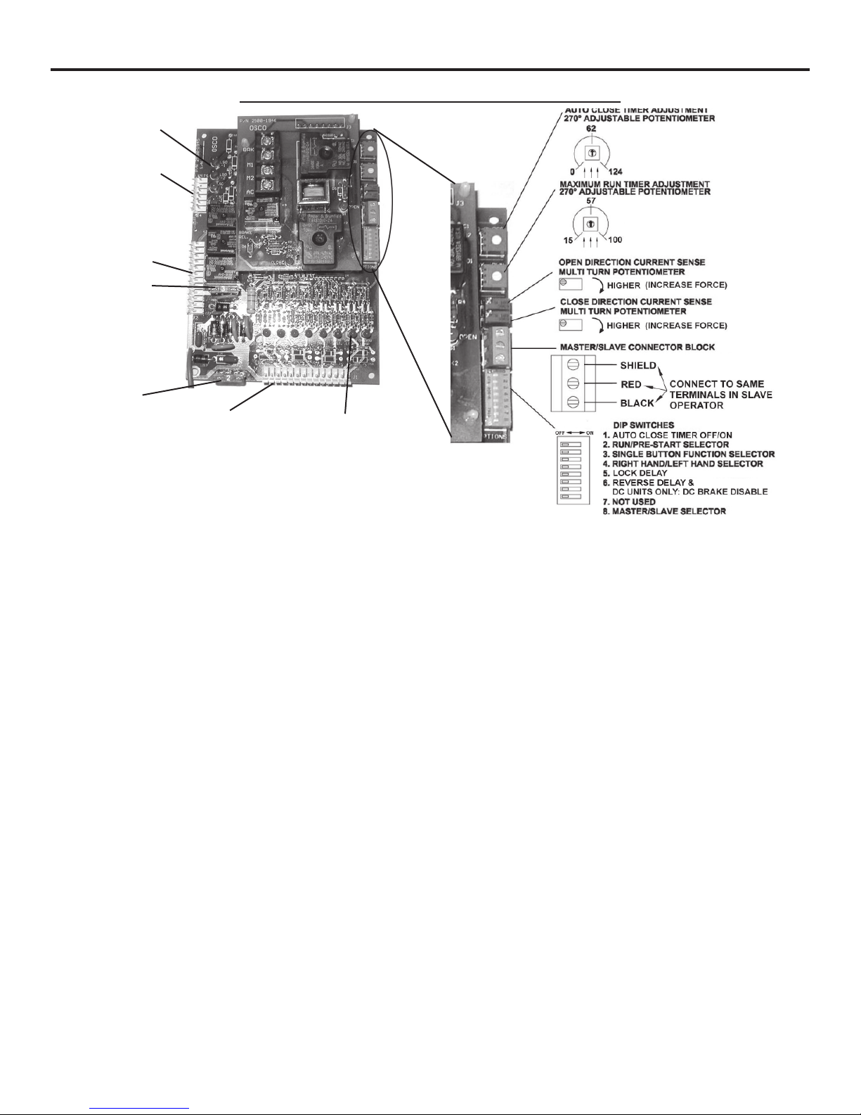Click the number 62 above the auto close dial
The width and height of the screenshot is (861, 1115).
click(590, 129)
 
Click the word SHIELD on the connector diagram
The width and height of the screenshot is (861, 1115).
click(637, 366)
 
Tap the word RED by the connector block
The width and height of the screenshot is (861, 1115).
click(630, 385)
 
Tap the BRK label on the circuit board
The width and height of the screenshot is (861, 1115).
click(248, 150)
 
